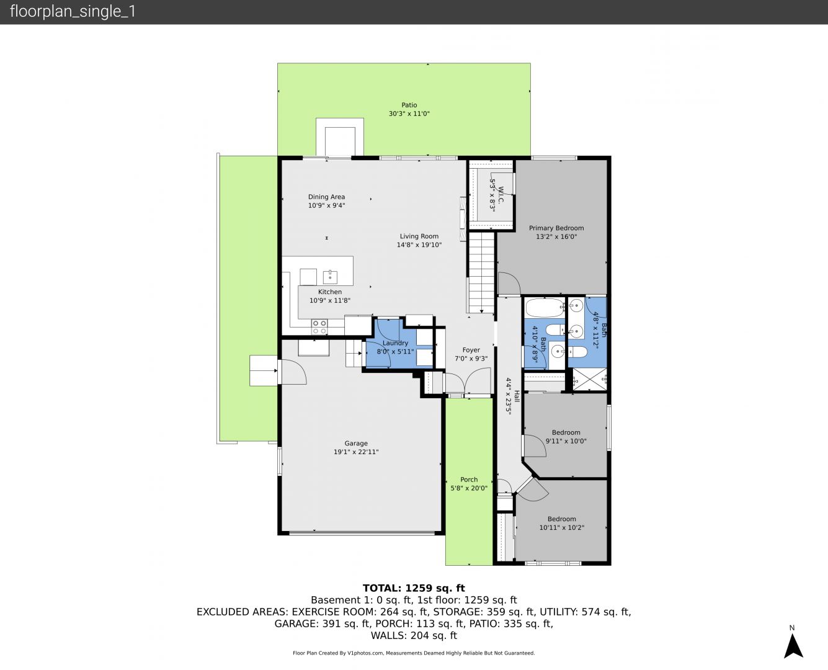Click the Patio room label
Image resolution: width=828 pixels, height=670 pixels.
pyautogui.click(x=409, y=105)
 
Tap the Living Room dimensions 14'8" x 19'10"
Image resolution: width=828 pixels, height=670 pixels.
pyautogui.click(x=419, y=245)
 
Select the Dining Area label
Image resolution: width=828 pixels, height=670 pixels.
pyautogui.click(x=326, y=197)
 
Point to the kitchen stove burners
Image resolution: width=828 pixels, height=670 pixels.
pyautogui.click(x=319, y=327)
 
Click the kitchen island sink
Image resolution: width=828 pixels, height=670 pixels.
pyautogui.click(x=330, y=277)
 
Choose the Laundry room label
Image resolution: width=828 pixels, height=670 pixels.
pyautogui.click(x=395, y=343)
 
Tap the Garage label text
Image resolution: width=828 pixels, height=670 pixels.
pyautogui.click(x=356, y=444)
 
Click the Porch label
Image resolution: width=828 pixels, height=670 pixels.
pyautogui.click(x=469, y=480)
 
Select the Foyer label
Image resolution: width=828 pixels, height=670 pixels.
pyautogui.click(x=471, y=350)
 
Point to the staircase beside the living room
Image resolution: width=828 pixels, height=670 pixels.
pyautogui.click(x=482, y=272)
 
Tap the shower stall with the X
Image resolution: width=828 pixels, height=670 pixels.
pyautogui.click(x=590, y=379)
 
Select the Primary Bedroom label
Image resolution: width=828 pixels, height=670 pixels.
pyautogui.click(x=556, y=228)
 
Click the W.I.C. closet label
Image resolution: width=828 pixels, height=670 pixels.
pyautogui.click(x=501, y=195)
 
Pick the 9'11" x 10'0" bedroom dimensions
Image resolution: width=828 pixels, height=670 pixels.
pyautogui.click(x=566, y=441)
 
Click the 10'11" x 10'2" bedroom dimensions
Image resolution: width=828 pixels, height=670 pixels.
pyautogui.click(x=562, y=528)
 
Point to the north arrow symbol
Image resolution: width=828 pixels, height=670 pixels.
pyautogui.click(x=793, y=646)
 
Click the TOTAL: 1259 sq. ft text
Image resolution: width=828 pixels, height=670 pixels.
pyautogui.click(x=414, y=588)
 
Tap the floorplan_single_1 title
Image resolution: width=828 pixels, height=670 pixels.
pyautogui.click(x=73, y=12)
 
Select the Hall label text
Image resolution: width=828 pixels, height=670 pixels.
pyautogui.click(x=517, y=396)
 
